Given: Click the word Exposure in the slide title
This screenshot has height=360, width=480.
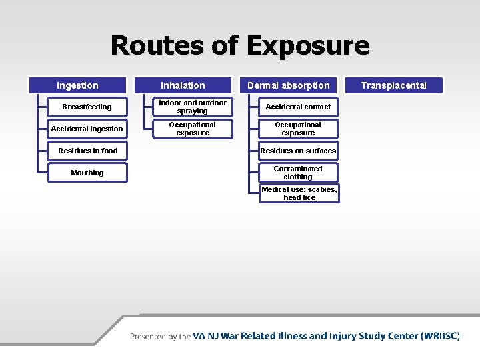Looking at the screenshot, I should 307,46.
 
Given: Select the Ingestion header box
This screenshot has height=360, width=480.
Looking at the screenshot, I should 77,85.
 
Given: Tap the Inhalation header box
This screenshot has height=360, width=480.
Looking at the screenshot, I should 183,85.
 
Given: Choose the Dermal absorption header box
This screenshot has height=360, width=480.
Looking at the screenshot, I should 289,85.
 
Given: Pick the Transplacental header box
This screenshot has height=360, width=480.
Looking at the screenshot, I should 394,85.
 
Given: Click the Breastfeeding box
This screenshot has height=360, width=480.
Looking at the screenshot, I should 87,107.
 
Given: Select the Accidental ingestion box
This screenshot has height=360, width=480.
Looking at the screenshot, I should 87,129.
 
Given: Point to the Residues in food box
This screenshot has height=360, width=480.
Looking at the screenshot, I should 87,151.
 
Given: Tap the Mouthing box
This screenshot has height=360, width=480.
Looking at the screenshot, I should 87,173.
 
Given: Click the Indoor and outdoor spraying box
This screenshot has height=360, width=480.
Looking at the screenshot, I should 193,107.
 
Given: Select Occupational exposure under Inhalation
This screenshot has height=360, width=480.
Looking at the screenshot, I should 193,129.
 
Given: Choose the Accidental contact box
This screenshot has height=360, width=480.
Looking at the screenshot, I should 298,107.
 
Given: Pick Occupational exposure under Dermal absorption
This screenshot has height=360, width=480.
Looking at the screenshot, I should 298,129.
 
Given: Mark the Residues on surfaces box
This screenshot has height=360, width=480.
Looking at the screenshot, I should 298,151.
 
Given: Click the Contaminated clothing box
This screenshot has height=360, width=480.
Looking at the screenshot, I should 298,173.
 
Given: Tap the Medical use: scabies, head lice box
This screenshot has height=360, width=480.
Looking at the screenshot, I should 299,193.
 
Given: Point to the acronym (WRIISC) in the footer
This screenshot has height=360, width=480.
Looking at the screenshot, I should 440,336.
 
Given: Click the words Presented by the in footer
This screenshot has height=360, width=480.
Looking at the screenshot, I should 160,337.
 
